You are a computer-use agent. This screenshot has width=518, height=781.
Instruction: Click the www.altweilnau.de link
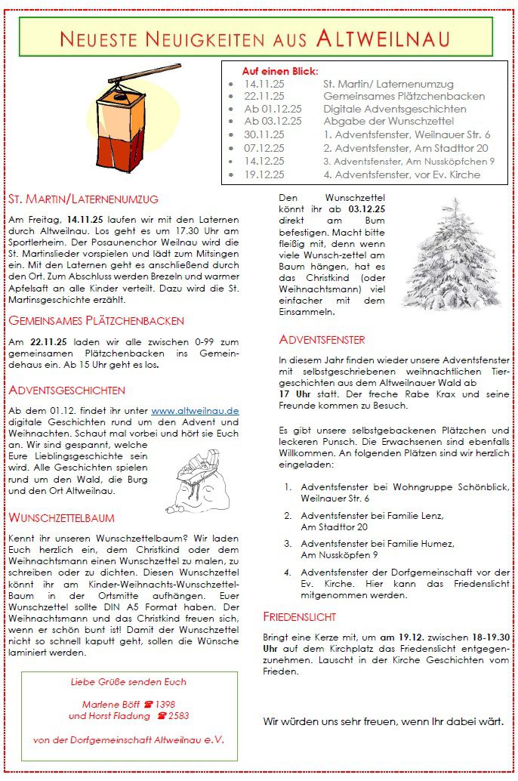pyautogui.click(x=195, y=410)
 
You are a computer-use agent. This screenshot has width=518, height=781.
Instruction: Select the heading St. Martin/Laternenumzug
pyautogui.click(x=84, y=199)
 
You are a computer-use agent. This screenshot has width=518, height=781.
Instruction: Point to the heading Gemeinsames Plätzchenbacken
pyautogui.click(x=96, y=320)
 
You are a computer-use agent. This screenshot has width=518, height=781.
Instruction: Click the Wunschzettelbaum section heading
pyautogui.click(x=62, y=517)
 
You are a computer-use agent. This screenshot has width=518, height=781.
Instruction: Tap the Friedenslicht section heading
pyautogui.click(x=300, y=616)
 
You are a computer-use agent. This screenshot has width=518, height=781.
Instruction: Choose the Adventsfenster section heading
pyautogui.click(x=322, y=339)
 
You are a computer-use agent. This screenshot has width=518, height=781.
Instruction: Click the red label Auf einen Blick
pyautogui.click(x=279, y=70)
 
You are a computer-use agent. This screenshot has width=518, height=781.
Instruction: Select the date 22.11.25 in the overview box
pyautogui.click(x=264, y=97)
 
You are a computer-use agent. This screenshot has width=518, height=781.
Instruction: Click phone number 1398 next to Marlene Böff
pyautogui.click(x=162, y=703)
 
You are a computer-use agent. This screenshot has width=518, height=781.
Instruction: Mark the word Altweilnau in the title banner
pyautogui.click(x=384, y=38)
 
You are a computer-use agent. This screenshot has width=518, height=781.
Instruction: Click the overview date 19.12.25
pyautogui.click(x=264, y=174)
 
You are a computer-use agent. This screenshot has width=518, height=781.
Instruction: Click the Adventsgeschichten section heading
pyautogui.click(x=66, y=390)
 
